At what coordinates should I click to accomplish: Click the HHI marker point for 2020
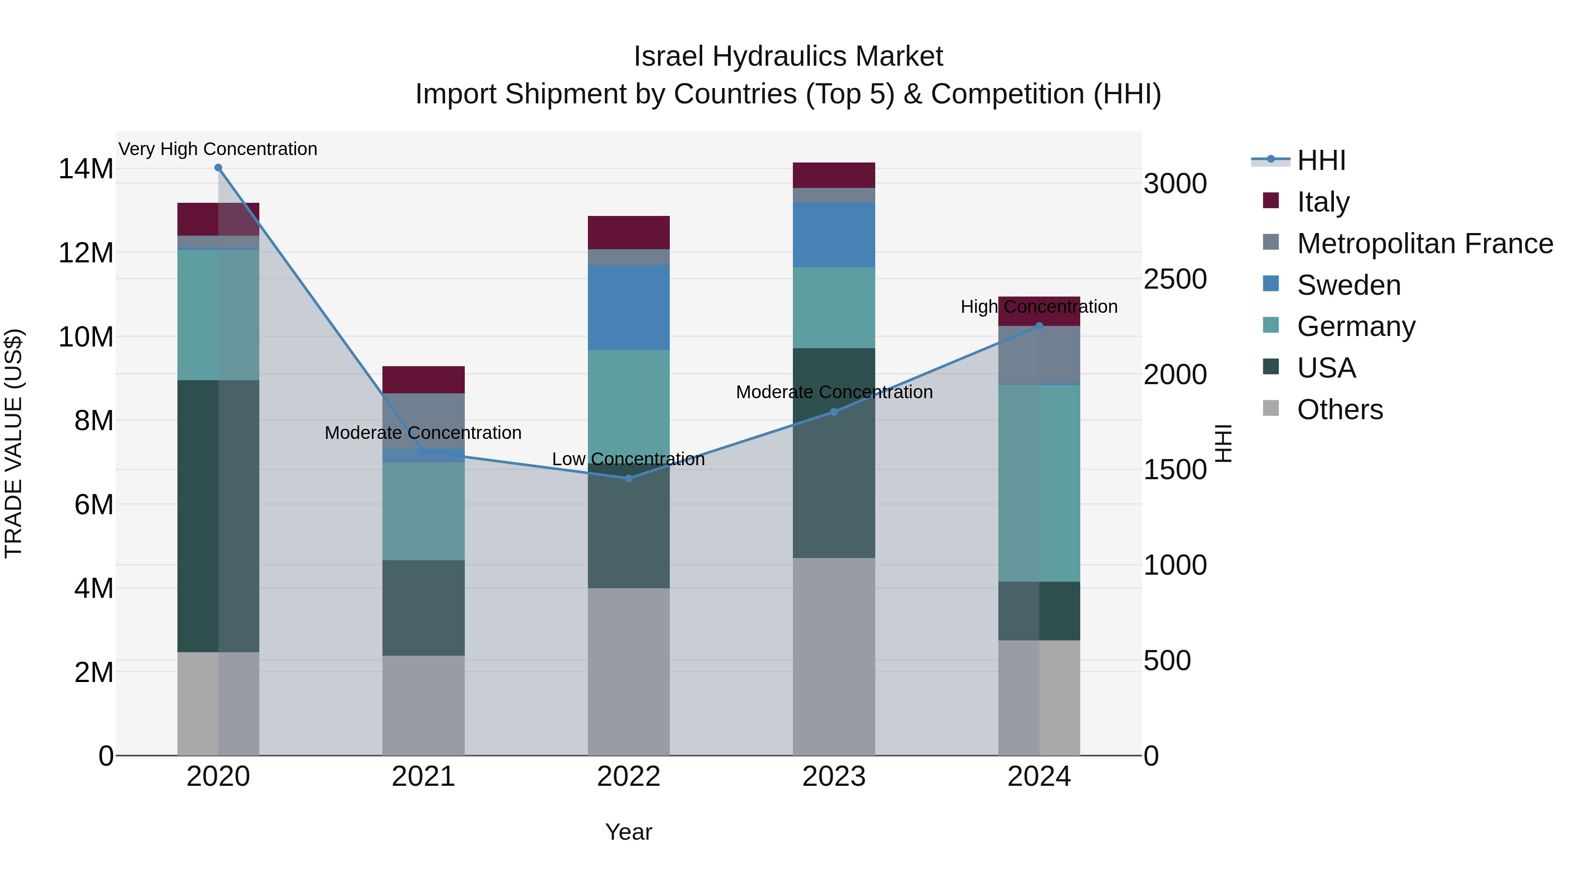[218, 168]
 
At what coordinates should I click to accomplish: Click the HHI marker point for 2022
[629, 478]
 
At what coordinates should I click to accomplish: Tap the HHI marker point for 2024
[1039, 326]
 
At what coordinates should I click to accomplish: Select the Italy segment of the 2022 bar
[629, 233]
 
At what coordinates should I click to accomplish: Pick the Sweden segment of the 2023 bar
[834, 235]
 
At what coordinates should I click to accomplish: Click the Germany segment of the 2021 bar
[424, 511]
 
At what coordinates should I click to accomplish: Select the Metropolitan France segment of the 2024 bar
[1039, 355]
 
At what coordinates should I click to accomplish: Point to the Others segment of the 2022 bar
[629, 671]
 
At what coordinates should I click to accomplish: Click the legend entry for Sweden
[1349, 285]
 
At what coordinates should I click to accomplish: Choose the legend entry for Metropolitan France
[1425, 244]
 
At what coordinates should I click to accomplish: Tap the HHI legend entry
[1321, 160]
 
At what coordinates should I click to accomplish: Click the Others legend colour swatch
[1271, 408]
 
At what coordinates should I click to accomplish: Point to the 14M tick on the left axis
[86, 169]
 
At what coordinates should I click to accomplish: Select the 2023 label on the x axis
[834, 777]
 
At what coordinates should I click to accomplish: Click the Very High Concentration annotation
[218, 149]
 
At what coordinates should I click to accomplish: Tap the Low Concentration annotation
[629, 459]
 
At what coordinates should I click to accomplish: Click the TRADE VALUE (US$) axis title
[14, 443]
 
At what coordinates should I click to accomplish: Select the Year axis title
[629, 832]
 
